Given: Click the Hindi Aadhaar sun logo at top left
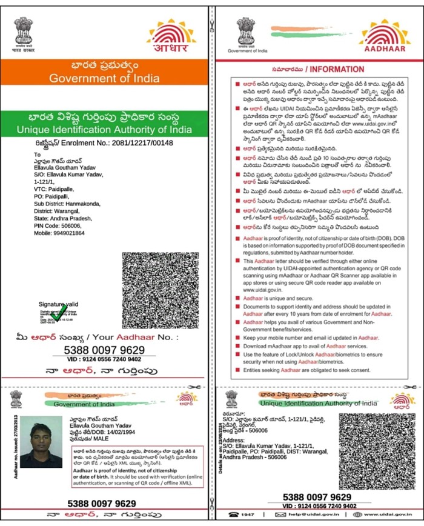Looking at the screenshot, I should coord(171,36).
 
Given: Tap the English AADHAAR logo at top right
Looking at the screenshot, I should coord(385,36).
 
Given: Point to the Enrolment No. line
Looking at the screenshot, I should coord(96,143).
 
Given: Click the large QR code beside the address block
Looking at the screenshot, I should coord(161,291).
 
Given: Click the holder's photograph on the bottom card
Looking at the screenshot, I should coord(41,441).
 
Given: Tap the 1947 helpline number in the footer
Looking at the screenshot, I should coord(244,514).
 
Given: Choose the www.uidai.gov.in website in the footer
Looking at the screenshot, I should coord(385,514).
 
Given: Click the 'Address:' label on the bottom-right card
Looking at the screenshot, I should coord(234,438).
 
